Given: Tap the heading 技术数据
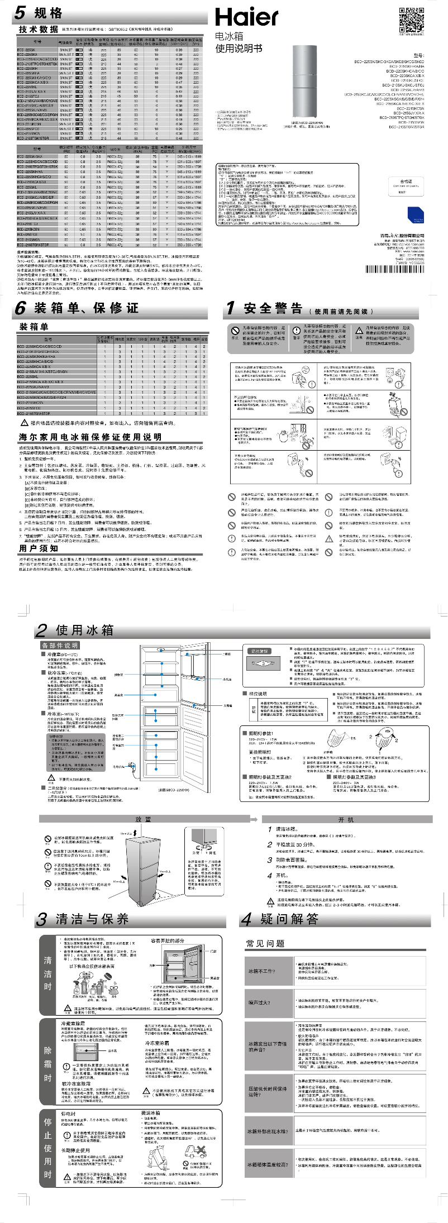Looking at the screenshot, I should point(38,29).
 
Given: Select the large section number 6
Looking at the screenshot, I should point(21,308).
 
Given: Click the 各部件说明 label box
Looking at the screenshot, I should point(60,646).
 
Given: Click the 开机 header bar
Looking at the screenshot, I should point(346,819).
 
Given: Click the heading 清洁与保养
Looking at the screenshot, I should point(92,919).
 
